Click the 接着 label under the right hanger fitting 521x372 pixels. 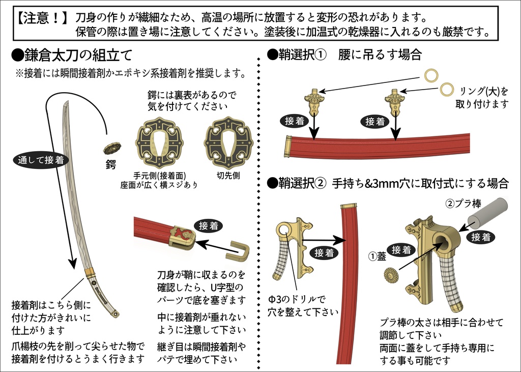click(377, 122)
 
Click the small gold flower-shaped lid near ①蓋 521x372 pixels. click(391, 275)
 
